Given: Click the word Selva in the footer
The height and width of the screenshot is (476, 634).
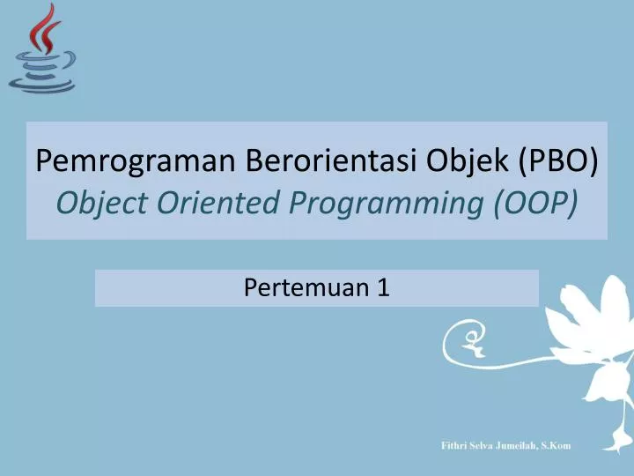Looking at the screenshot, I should pyautogui.click(x=487, y=445).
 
